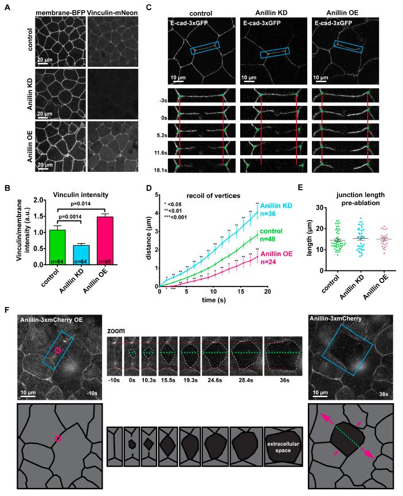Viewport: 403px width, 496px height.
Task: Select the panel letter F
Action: click(6, 310)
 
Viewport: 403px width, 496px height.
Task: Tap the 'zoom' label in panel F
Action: click(115, 331)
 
